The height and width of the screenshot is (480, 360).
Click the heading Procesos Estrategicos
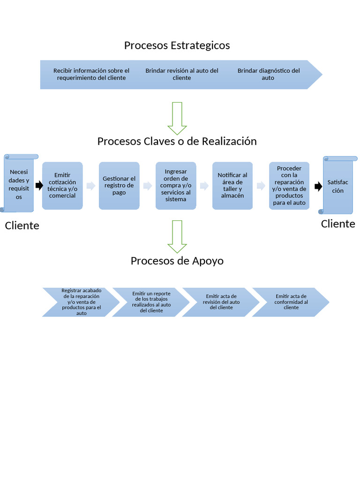point(177,45)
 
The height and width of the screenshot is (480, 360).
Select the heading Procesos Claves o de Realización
point(177,141)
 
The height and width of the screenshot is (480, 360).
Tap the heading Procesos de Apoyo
point(177,261)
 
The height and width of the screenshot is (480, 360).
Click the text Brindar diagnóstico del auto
point(268,74)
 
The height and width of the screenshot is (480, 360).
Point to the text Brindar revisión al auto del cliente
point(182,74)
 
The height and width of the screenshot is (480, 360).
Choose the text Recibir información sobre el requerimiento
point(91,74)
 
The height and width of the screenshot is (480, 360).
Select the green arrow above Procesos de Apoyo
point(177,237)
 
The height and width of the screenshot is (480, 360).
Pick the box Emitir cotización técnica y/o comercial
point(62,186)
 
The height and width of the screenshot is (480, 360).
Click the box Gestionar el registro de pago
point(119,186)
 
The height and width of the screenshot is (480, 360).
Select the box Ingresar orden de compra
point(176,186)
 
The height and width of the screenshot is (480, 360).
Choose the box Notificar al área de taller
point(232,186)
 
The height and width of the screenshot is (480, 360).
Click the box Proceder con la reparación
point(289,186)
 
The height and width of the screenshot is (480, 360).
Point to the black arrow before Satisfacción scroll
point(318,187)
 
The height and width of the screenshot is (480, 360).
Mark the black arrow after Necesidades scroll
point(39,186)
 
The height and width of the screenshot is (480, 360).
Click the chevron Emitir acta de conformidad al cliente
point(291,302)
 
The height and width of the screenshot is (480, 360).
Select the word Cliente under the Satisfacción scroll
point(338,224)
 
